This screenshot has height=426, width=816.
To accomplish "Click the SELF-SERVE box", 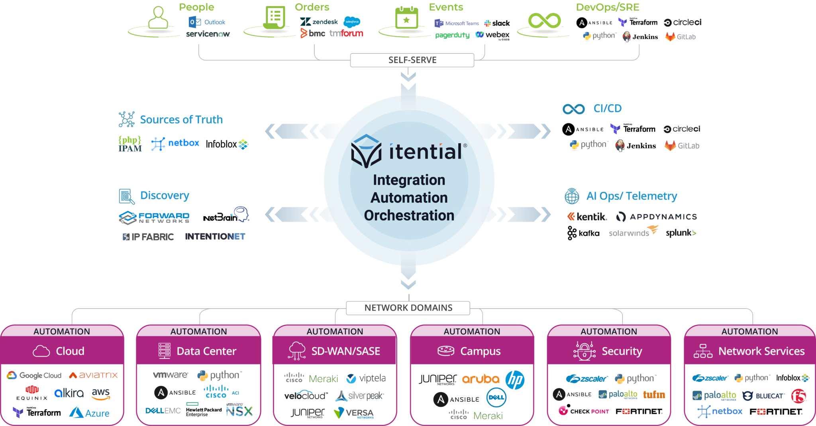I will [x=412, y=60].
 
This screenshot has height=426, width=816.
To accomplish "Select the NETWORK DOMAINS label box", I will [x=408, y=308].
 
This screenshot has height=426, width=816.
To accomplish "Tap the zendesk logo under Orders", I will [x=319, y=22].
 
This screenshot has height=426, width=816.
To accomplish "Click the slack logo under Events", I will [x=498, y=23].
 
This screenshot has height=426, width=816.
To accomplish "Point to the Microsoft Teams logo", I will [x=457, y=23].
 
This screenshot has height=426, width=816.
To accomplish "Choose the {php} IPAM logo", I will [x=129, y=144].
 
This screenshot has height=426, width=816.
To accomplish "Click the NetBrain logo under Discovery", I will [x=226, y=215].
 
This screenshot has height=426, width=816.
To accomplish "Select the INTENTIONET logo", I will [x=216, y=236].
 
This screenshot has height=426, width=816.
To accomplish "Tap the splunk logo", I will [x=681, y=233].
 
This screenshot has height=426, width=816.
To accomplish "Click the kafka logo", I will [x=583, y=233].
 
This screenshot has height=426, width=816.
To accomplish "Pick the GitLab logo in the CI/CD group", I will [x=682, y=146].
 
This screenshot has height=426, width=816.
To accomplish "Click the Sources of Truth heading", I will [x=181, y=119].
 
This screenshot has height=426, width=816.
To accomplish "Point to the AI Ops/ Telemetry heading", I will [x=631, y=196].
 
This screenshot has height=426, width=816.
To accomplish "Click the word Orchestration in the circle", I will [x=409, y=215].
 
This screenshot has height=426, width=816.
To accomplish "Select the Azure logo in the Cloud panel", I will [x=89, y=413].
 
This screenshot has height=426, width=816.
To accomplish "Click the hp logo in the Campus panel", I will [x=515, y=380].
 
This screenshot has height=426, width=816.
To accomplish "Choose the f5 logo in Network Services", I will [x=798, y=396].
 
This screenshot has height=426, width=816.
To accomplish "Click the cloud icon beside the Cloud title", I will [x=41, y=351].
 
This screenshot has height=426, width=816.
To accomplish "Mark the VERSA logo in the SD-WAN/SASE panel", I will [x=354, y=413].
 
